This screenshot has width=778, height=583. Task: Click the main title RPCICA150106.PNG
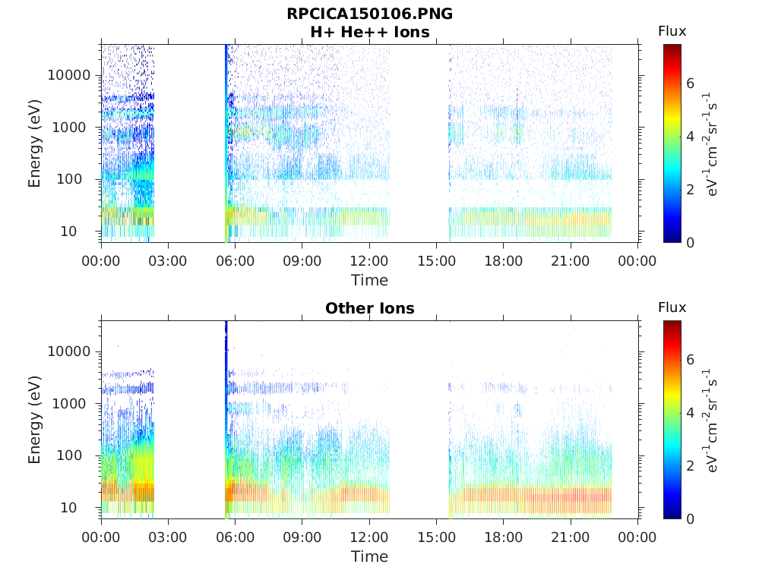pyautogui.click(x=370, y=14)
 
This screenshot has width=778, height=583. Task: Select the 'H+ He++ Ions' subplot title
pyautogui.click(x=370, y=32)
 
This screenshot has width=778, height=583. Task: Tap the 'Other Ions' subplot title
pyautogui.click(x=370, y=308)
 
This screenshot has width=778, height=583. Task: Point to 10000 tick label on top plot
pyautogui.click(x=69, y=75)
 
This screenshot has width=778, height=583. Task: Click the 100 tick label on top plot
pyautogui.click(x=69, y=179)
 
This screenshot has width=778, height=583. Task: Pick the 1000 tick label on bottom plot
pyautogui.click(x=69, y=404)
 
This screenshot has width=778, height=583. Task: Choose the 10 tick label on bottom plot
pyautogui.click(x=69, y=508)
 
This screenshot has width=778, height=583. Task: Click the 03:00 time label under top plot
pyautogui.click(x=168, y=261)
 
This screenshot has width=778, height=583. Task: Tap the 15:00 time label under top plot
pyautogui.click(x=436, y=261)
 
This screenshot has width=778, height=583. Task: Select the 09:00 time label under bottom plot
pyautogui.click(x=302, y=537)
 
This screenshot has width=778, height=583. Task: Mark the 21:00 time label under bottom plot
pyautogui.click(x=571, y=537)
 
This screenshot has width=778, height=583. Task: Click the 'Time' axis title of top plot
pyautogui.click(x=370, y=281)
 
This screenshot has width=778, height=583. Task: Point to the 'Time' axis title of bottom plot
pyautogui.click(x=370, y=556)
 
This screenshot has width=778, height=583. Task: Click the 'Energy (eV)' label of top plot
pyautogui.click(x=34, y=143)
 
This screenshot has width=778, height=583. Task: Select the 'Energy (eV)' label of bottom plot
pyautogui.click(x=34, y=420)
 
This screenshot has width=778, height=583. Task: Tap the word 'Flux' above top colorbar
pyautogui.click(x=672, y=31)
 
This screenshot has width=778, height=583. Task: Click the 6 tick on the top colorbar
pyautogui.click(x=690, y=84)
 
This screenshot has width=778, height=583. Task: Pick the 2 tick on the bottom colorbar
pyautogui.click(x=690, y=465)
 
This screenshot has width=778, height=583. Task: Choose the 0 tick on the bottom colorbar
pyautogui.click(x=690, y=519)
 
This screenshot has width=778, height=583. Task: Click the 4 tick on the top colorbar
pyautogui.click(x=690, y=137)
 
